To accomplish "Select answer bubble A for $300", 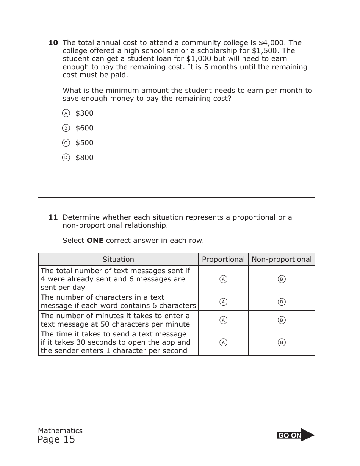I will click(x=66, y=113).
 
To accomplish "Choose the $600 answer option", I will click(x=66, y=128).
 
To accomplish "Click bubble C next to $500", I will click(x=66, y=143).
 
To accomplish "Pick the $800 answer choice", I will click(x=66, y=158).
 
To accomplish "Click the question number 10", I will click(x=53, y=43).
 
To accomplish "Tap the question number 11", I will click(x=53, y=217).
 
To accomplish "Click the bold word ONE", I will click(x=95, y=241).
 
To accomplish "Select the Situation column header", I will click(x=118, y=260).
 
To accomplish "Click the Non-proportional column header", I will click(x=282, y=260).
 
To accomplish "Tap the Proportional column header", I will click(x=223, y=260).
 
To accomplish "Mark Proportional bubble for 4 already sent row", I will click(x=224, y=279).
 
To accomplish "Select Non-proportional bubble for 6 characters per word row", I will click(x=282, y=302).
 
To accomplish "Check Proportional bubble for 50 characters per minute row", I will click(x=224, y=320).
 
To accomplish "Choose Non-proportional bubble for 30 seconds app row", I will click(x=282, y=342).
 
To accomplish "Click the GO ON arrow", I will click(x=296, y=435).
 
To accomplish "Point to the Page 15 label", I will click(x=56, y=439).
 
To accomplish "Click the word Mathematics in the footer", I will click(x=60, y=430).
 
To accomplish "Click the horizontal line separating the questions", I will click(x=176, y=197).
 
